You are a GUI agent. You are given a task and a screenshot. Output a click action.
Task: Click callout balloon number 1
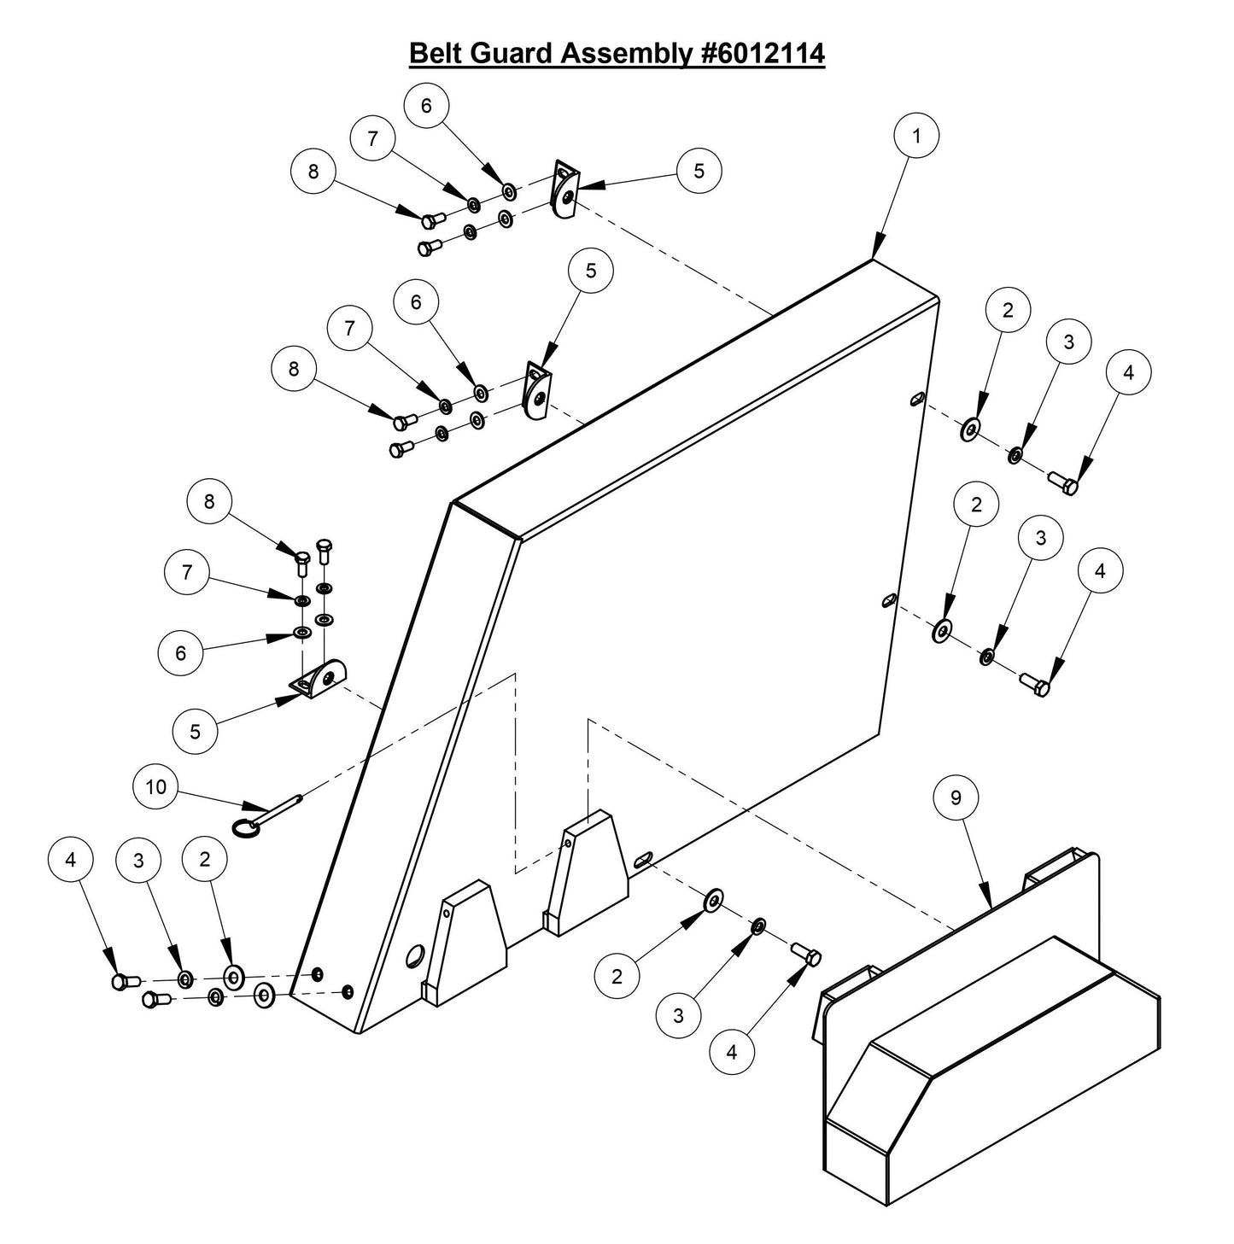[x=916, y=136]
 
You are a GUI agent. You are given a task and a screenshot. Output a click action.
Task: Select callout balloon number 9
[x=956, y=797]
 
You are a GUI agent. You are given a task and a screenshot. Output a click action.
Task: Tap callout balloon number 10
[x=156, y=786]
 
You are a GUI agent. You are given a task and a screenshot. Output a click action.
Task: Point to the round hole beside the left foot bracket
[x=418, y=956]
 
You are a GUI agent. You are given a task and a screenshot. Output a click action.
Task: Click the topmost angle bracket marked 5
[x=564, y=189]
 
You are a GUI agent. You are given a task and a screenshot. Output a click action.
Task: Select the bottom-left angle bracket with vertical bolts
[x=321, y=680]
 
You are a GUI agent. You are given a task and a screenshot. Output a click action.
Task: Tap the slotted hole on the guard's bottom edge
[x=645, y=861]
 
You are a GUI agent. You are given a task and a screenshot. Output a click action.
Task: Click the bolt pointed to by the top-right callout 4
[x=1063, y=482]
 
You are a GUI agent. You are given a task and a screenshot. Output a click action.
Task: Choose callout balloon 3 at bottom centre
[x=678, y=1015]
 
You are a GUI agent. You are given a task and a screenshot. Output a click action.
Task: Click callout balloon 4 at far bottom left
[x=71, y=860]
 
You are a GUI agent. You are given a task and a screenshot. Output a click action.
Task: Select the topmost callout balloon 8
[x=313, y=171]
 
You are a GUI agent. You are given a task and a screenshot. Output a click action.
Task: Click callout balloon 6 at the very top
[x=426, y=105]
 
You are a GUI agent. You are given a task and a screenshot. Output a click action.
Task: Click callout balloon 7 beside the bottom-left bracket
[x=188, y=572]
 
